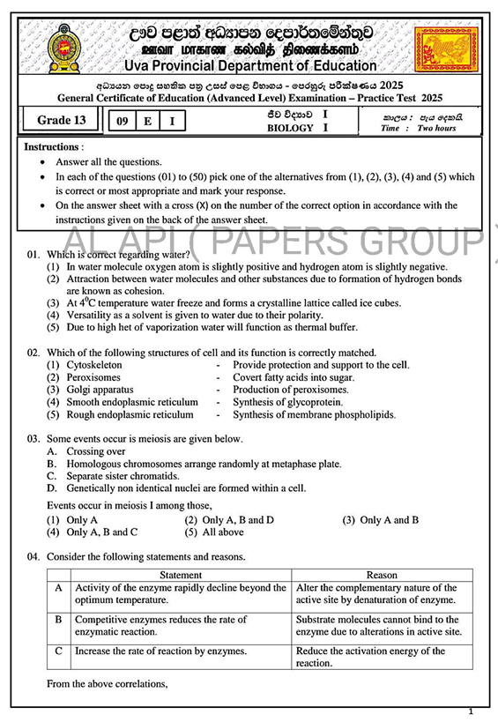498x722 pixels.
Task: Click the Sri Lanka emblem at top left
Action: pyautogui.click(x=63, y=48)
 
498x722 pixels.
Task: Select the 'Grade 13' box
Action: pyautogui.click(x=61, y=121)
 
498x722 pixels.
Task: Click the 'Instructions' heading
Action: pyautogui.click(x=53, y=146)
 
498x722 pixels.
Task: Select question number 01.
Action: pyautogui.click(x=33, y=254)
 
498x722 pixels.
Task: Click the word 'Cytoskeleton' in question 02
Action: pyautogui.click(x=95, y=364)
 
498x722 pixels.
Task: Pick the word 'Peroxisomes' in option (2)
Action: pyautogui.click(x=93, y=377)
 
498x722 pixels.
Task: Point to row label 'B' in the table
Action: pyautogui.click(x=58, y=620)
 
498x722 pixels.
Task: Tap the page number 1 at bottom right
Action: pyautogui.click(x=472, y=711)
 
